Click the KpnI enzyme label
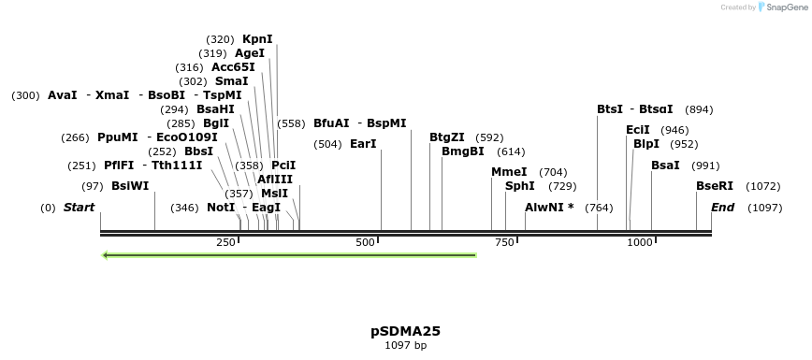click(257, 39)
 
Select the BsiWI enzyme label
click(130, 186)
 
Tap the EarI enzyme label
click(363, 144)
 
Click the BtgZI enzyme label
click(447, 137)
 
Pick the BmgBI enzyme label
click(463, 151)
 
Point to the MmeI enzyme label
click(509, 172)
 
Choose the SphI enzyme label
click(519, 186)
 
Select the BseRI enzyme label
click(715, 186)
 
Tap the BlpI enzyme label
click(646, 144)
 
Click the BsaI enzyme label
click(666, 166)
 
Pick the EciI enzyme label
click(638, 130)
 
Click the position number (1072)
click(763, 186)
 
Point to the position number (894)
click(699, 109)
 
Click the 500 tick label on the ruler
click(365, 243)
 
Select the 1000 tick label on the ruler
click(640, 243)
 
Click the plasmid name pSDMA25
click(405, 331)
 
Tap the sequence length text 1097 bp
click(405, 345)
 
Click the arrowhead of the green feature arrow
click(107, 255)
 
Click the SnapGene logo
click(776, 7)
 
